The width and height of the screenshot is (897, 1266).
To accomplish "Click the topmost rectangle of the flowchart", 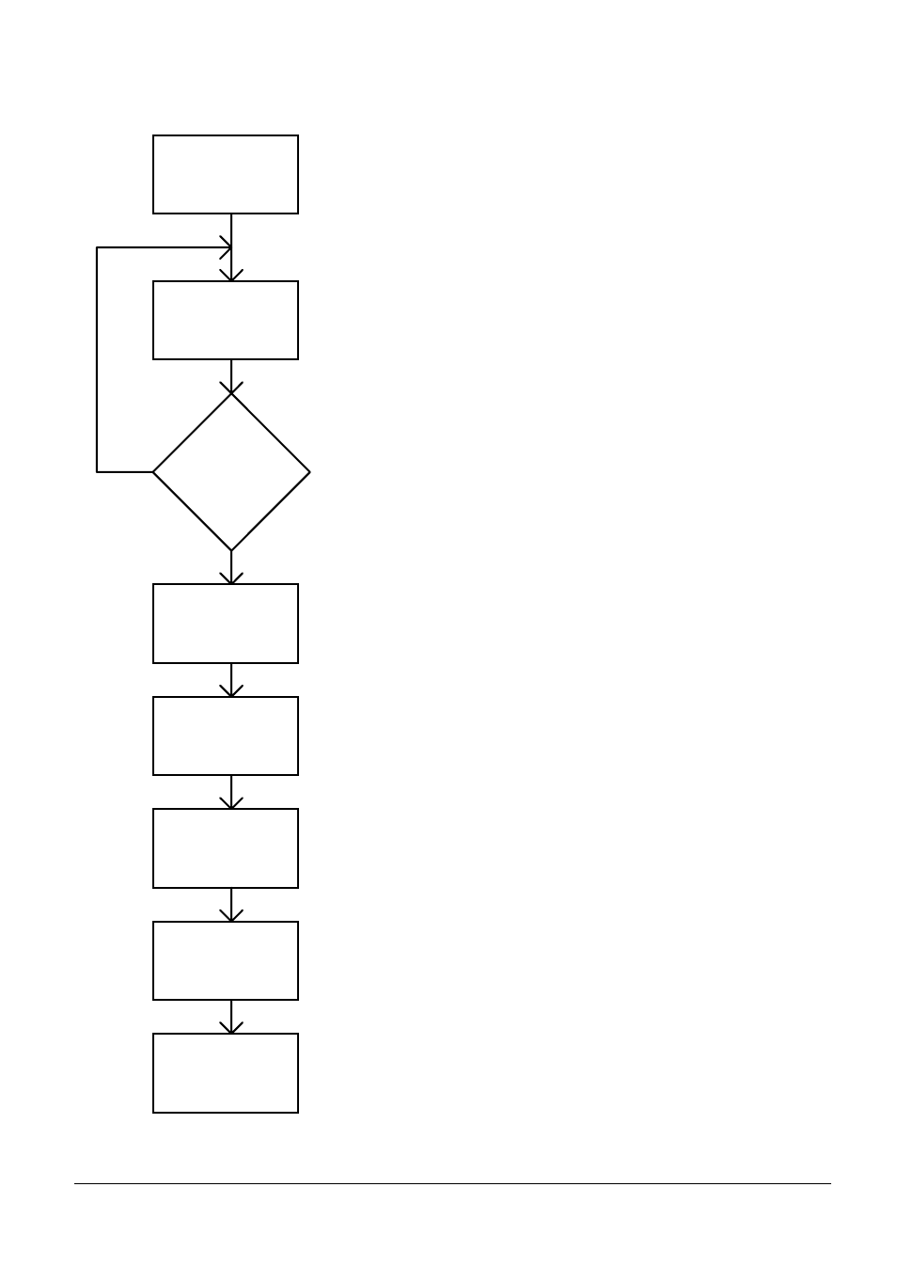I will click(226, 174).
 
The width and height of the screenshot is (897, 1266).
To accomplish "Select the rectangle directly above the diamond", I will click(226, 320).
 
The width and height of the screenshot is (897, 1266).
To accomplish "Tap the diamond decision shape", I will click(231, 471).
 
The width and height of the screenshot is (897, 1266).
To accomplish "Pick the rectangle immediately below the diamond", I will click(226, 623).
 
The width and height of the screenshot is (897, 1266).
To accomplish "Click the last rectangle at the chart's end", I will click(226, 1072).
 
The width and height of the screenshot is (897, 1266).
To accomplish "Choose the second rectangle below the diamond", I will click(226, 736).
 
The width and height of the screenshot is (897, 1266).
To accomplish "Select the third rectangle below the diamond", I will click(226, 847).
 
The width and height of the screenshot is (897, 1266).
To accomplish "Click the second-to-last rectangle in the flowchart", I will click(226, 960).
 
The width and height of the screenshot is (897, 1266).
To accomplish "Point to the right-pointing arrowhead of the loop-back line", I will click(226, 248).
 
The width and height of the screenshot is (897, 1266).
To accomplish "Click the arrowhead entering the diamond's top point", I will click(231, 388).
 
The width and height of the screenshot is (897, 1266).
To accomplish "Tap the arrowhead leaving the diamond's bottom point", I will click(231, 578).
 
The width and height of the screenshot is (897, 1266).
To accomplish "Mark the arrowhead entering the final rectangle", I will click(231, 1027).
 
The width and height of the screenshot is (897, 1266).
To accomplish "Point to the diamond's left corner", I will click(155, 471).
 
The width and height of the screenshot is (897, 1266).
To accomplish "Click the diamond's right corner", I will click(308, 471).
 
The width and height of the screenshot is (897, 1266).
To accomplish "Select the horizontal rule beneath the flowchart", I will click(452, 1183).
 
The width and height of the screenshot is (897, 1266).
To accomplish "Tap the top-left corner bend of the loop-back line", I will click(97, 248).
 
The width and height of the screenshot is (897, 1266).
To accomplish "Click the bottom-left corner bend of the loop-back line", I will click(97, 471).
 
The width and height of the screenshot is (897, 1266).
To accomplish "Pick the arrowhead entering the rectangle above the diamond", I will click(231, 275).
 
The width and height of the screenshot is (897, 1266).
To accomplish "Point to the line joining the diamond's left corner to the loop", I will click(125, 471).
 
